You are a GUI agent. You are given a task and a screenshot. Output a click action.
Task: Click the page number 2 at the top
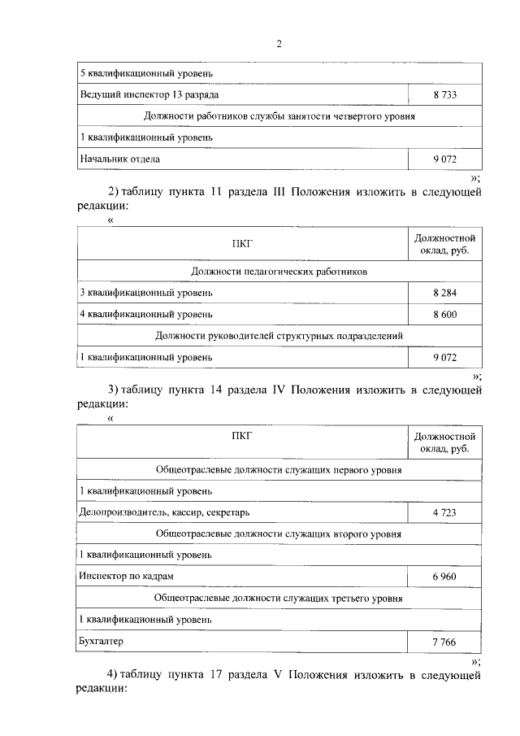point(278,44)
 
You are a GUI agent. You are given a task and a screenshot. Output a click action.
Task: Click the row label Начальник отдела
point(119,159)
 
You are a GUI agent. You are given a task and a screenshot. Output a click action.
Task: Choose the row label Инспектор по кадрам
point(126,576)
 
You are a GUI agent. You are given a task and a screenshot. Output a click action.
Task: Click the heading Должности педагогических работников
point(279,271)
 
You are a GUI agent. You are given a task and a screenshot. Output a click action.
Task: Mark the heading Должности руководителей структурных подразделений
point(279,335)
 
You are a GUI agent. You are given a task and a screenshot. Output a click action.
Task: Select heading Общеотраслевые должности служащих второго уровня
point(279,534)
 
